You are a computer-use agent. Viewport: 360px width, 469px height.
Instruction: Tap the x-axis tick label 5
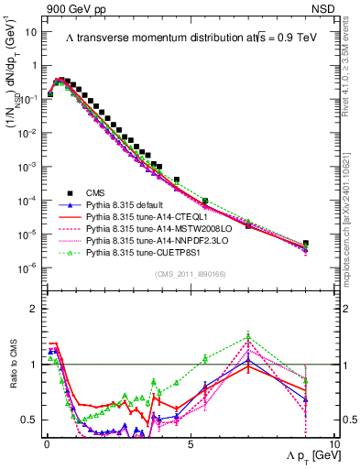[189, 442]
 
